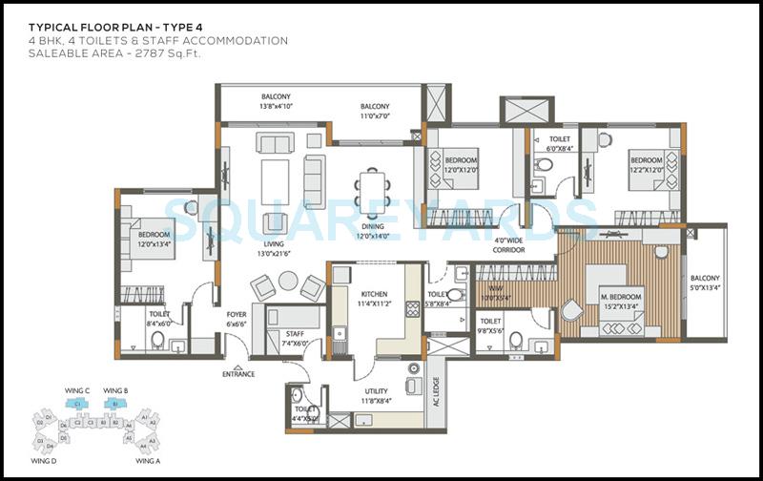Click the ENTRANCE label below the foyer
click(x=238, y=373)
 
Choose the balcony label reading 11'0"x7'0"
click(x=374, y=111)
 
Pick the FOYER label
click(x=237, y=319)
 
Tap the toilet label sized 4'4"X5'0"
click(x=306, y=413)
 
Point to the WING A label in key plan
click(x=147, y=460)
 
